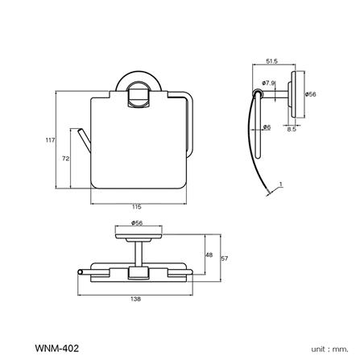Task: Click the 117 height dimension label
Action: point(50,140)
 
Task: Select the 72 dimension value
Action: point(64,159)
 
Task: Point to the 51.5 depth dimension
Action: point(271,61)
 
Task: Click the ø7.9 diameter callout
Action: point(269,83)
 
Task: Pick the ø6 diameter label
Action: point(267,126)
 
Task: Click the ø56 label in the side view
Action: point(310,94)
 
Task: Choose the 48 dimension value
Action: point(209,255)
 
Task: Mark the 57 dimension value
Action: point(225,259)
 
